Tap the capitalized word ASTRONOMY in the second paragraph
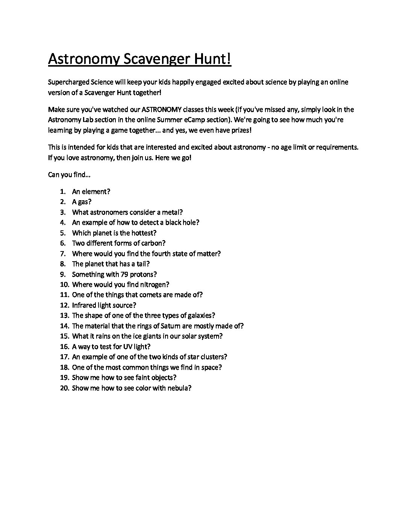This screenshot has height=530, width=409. coord(162,110)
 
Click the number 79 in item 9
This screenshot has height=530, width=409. coord(124,274)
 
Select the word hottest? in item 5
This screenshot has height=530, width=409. coord(143,233)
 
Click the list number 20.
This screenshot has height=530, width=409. coord(64,388)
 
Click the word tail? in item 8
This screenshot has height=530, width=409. coord(143,264)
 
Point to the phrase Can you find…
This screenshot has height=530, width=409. coord(69,175)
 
